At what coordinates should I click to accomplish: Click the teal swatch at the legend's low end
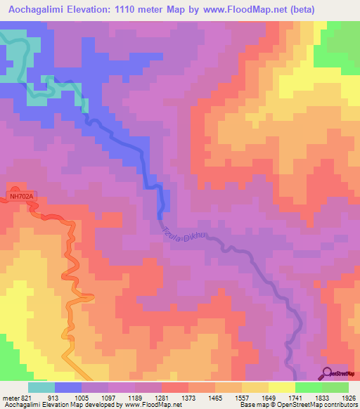(x=41, y=387)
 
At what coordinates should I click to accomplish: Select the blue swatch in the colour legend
(x=67, y=387)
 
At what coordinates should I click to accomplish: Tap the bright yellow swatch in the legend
(x=281, y=387)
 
